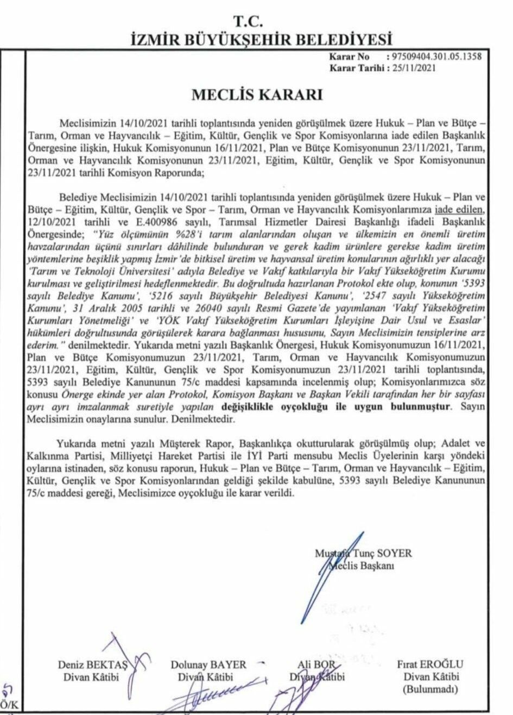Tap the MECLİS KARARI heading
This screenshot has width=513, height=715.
tap(256, 95)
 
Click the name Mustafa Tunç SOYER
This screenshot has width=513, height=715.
tap(363, 554)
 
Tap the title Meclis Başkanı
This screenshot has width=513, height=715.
tap(364, 566)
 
